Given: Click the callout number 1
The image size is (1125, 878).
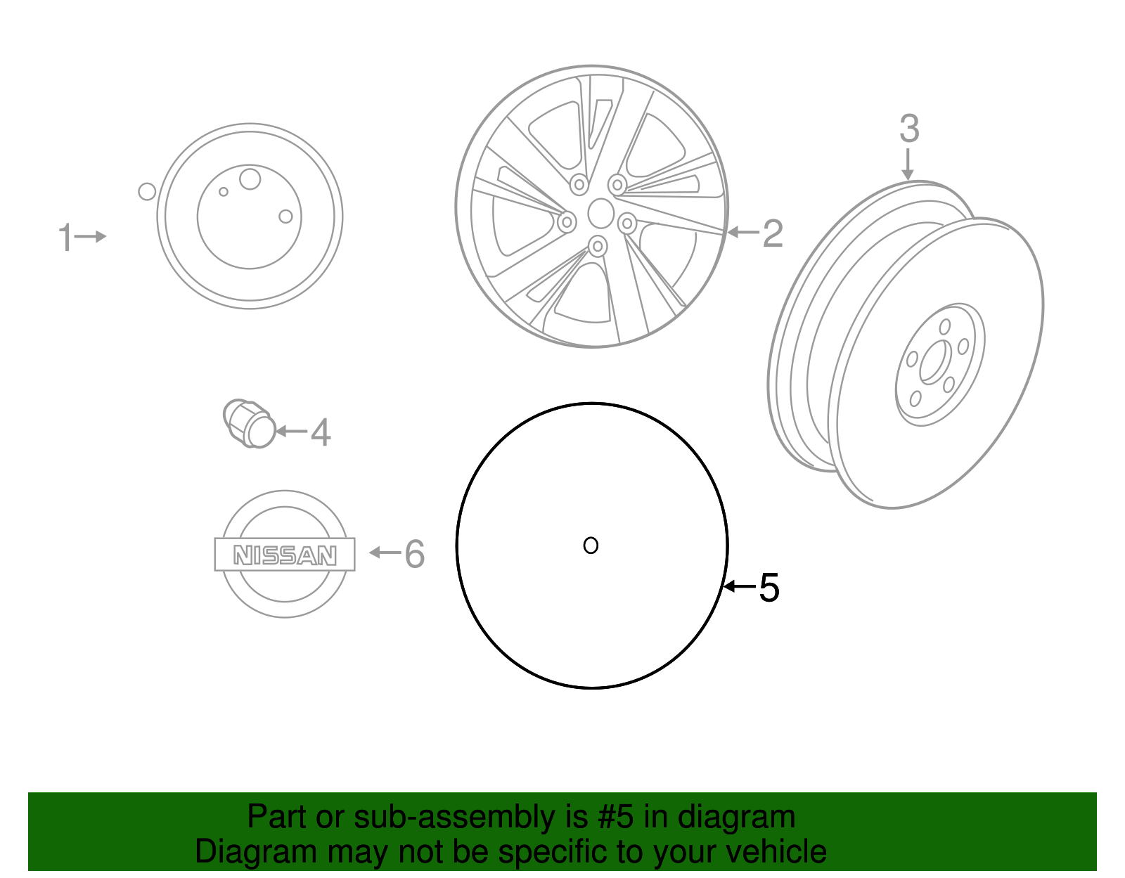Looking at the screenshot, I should pyautogui.click(x=65, y=237).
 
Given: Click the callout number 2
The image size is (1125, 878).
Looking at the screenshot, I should pyautogui.click(x=773, y=233).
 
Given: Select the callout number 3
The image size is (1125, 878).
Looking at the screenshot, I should pyautogui.click(x=909, y=129).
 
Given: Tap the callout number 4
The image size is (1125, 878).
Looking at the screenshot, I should pyautogui.click(x=321, y=432).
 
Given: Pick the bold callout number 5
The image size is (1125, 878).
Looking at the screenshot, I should pyautogui.click(x=769, y=587).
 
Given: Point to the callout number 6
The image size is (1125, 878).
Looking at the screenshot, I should pyautogui.click(x=415, y=554).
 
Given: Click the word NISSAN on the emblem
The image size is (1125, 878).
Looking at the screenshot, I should pyautogui.click(x=285, y=555).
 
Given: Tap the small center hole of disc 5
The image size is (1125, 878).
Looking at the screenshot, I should pyautogui.click(x=591, y=545).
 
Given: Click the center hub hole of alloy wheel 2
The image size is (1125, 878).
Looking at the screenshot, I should pyautogui.click(x=600, y=213).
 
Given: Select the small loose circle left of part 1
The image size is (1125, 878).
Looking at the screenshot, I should pyautogui.click(x=147, y=191).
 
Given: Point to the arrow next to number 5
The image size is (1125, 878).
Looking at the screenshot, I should pyautogui.click(x=740, y=586).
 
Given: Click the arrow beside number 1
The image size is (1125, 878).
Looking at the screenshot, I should pyautogui.click(x=91, y=237).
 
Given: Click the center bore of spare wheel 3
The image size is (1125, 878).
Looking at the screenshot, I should pyautogui.click(x=933, y=362).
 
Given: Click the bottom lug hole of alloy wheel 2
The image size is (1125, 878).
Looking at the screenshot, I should pyautogui.click(x=598, y=246).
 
